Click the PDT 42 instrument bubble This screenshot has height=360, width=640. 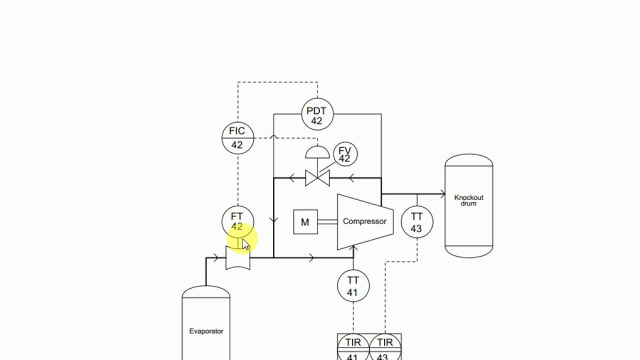click(x=317, y=114)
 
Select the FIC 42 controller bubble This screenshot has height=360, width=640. click(x=237, y=137)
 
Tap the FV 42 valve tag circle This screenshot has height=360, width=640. click(x=344, y=154)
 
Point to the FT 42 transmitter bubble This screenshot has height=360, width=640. click(x=237, y=220)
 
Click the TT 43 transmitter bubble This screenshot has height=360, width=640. click(x=416, y=222)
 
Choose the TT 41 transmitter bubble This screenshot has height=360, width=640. click(x=353, y=285)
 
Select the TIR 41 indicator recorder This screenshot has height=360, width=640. click(x=353, y=347)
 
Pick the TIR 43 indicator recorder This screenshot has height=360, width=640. click(x=385, y=347)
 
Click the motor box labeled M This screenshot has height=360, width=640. click(x=305, y=222)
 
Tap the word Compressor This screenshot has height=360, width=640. click(x=364, y=221)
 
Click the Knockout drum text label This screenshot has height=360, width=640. click(x=468, y=200)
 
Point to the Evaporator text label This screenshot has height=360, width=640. click(x=206, y=331)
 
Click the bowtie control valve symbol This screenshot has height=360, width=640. click(x=317, y=177)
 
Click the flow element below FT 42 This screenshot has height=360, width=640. click(x=238, y=258)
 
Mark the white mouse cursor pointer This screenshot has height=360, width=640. click(x=245, y=245)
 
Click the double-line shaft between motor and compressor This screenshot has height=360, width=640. click(x=327, y=222)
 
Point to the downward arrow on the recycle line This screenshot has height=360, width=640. click(x=274, y=219)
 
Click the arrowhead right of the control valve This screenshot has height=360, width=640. click(x=351, y=177)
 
